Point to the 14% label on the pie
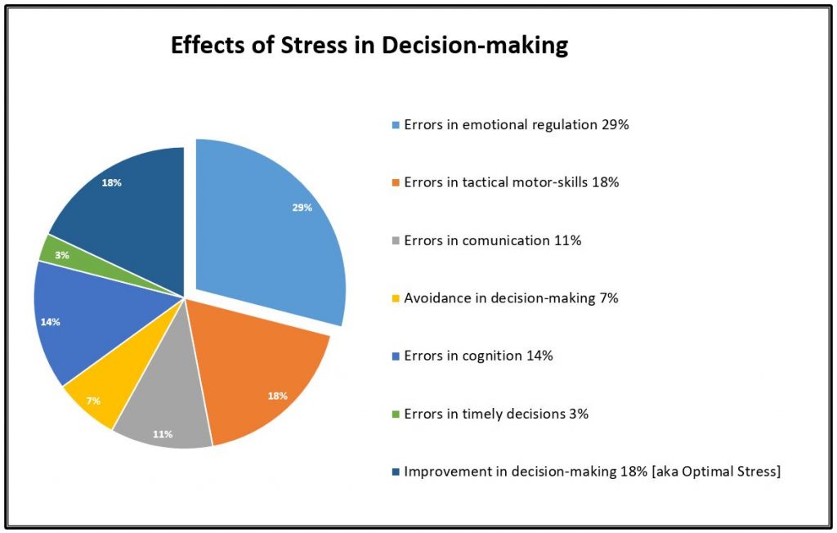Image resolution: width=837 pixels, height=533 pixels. point(51,322)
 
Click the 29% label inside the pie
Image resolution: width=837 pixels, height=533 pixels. point(302,208)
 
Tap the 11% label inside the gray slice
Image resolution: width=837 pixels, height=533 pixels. point(162,434)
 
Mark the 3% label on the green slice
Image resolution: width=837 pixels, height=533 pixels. point(62,256)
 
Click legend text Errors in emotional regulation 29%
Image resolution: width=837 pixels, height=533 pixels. point(516,125)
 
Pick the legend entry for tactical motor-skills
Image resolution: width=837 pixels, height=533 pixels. point(511,182)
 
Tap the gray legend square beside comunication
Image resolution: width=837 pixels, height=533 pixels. point(396,241)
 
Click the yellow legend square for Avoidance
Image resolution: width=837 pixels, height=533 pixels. point(396,298)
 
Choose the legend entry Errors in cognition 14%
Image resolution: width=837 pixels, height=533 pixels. point(478,356)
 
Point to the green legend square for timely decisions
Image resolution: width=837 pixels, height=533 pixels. point(396,414)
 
